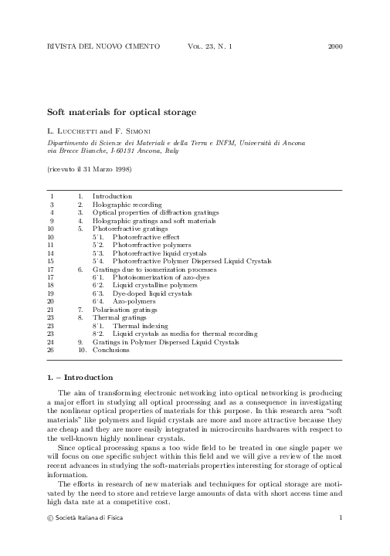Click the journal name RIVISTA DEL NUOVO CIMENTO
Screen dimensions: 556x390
click(103, 47)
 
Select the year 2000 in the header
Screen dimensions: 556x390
click(334, 47)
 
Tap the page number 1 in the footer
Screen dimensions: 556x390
click(340, 516)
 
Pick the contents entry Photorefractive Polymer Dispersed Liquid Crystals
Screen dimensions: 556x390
click(192, 260)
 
